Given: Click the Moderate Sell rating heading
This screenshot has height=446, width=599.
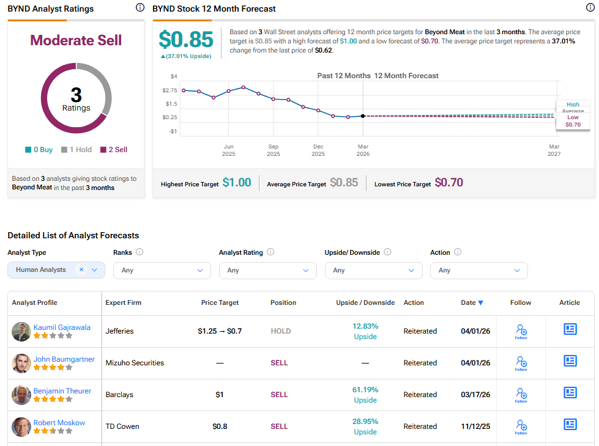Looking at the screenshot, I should [76, 40].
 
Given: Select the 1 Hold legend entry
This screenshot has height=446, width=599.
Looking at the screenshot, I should [76, 150].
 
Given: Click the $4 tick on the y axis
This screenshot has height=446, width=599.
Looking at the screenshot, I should [174, 76].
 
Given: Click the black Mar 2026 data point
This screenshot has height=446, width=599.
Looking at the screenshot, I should [363, 115].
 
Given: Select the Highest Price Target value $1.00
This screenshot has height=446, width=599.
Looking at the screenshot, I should [237, 183].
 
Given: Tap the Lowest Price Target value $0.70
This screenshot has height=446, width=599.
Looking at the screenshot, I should [448, 183].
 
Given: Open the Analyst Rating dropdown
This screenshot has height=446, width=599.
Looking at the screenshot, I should [267, 270].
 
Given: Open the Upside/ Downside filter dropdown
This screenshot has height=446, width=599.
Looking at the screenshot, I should [373, 270].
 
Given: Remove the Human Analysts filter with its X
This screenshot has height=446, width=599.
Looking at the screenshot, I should [81, 269].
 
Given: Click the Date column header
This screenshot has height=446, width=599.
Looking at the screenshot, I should [472, 302].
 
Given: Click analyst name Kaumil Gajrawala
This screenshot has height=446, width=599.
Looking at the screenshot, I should [62, 327].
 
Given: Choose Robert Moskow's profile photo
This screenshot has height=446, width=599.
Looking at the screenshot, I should [21, 426].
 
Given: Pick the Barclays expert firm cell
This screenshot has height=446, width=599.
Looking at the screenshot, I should [119, 395].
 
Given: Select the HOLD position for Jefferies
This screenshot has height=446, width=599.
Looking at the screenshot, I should [281, 331].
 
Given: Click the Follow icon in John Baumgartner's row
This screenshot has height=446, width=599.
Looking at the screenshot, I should [521, 363].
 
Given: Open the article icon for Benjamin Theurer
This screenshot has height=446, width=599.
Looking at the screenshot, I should [570, 392].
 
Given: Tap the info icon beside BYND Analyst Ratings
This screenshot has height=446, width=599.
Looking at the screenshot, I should [140, 8].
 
